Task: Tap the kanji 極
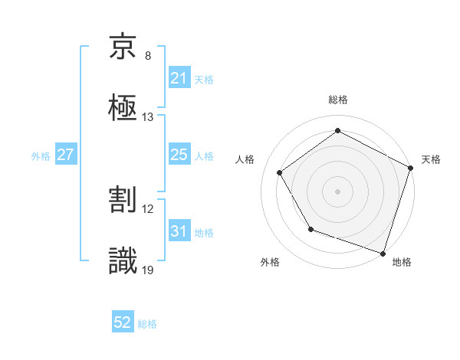click(123, 106)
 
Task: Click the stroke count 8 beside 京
click(148, 56)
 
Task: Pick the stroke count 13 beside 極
click(148, 116)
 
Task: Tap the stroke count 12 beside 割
click(148, 209)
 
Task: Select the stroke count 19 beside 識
click(148, 270)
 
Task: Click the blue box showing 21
click(179, 78)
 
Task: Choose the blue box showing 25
click(179, 155)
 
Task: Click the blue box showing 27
click(65, 155)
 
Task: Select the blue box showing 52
click(123, 323)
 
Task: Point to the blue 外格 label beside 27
click(41, 155)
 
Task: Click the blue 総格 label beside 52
click(147, 324)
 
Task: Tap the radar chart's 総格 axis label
click(338, 100)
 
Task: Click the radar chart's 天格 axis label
click(432, 159)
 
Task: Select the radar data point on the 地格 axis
click(383, 253)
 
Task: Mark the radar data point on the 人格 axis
click(280, 172)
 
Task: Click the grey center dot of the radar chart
click(338, 191)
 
